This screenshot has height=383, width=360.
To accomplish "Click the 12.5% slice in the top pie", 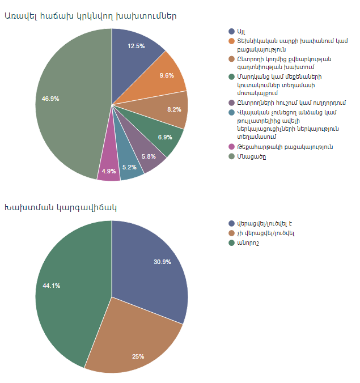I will pyautogui.click(x=136, y=48).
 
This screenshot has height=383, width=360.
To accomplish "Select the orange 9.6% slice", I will pyautogui.click(x=167, y=76).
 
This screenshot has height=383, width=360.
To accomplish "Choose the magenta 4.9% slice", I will pyautogui.click(x=109, y=169).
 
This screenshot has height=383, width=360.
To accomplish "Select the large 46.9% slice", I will pyautogui.click(x=62, y=99).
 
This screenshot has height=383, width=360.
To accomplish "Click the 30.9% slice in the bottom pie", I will pyautogui.click(x=156, y=266).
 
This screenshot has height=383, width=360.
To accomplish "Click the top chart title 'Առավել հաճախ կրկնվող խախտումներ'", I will pyautogui.click(x=90, y=15).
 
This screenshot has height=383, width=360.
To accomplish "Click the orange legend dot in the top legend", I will pyautogui.click(x=231, y=41).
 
